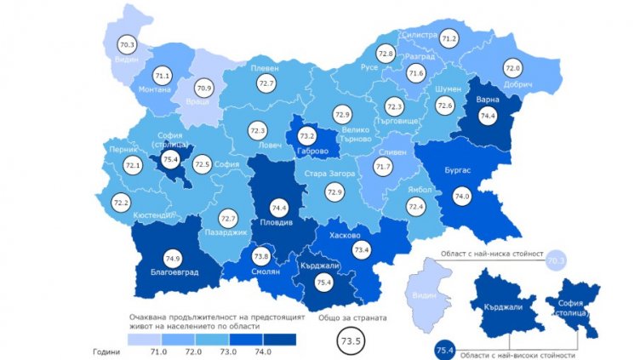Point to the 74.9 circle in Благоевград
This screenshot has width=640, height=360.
coord(174,236)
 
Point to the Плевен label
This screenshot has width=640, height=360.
coord(266,68)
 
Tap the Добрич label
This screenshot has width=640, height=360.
coord(517,85)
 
